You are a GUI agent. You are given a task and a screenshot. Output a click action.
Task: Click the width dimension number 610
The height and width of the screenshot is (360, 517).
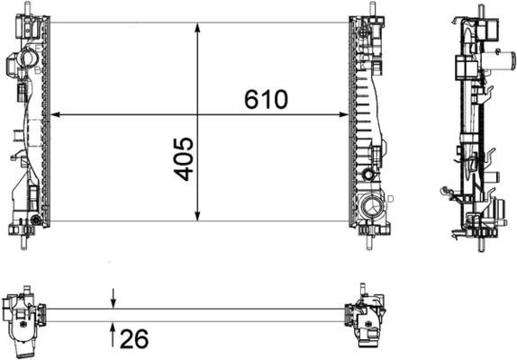(x=266, y=99)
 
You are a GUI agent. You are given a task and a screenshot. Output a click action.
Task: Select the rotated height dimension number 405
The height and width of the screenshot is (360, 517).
(x=183, y=158)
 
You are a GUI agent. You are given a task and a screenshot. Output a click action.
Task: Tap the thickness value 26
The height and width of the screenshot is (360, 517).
(x=135, y=339)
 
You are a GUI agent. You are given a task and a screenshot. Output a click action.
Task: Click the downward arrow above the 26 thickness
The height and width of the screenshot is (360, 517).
(x=113, y=301)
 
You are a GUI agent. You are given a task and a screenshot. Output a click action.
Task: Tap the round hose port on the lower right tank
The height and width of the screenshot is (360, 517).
(x=370, y=211)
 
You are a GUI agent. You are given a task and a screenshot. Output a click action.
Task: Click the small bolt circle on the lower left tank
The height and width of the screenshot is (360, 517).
(x=35, y=220)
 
